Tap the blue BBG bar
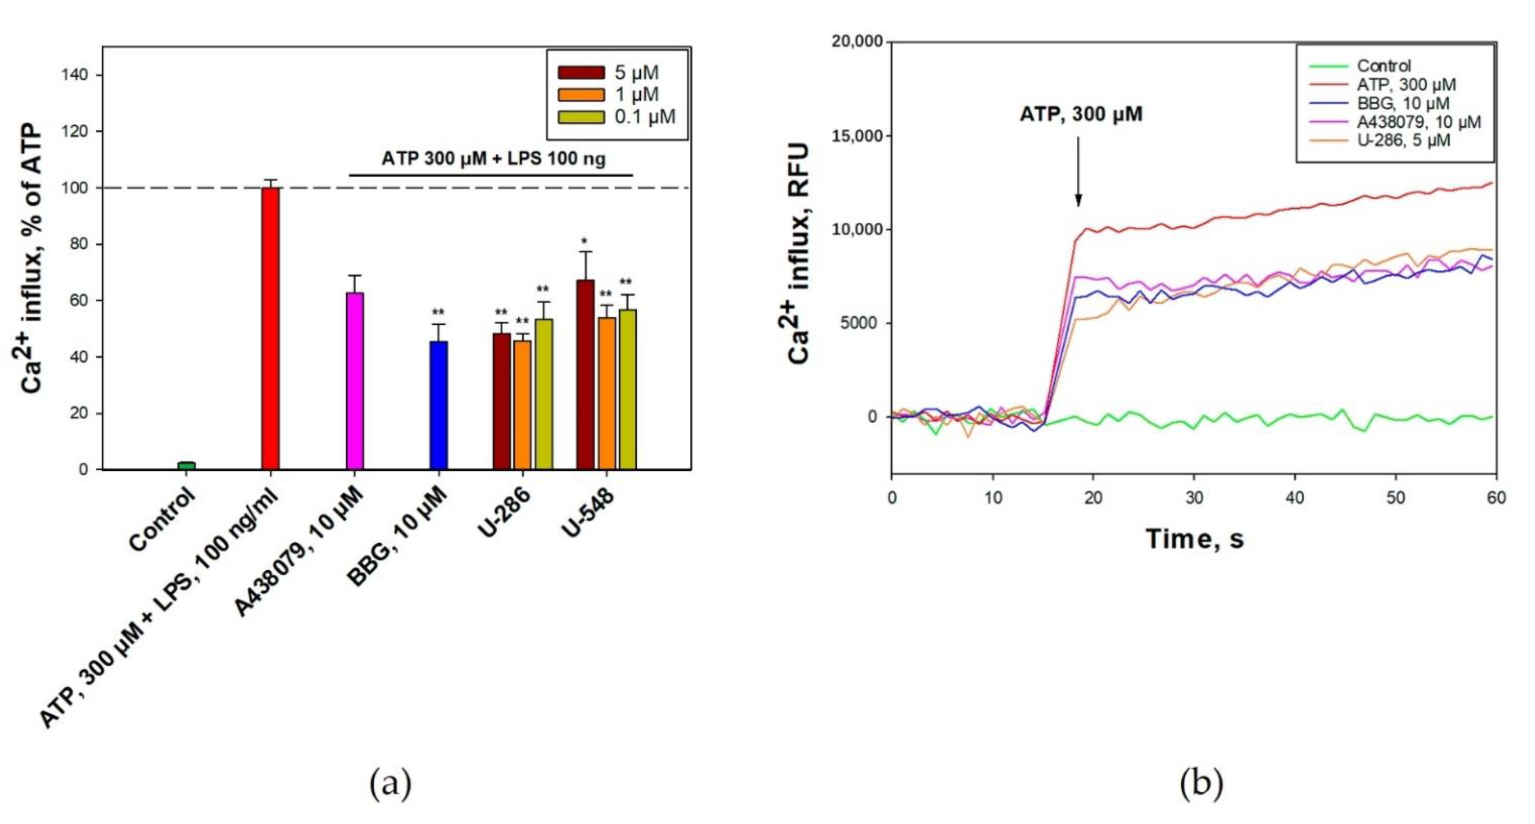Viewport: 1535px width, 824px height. pos(439,405)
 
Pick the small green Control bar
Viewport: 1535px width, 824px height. pos(186,465)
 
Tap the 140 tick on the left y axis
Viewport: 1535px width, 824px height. pos(75,75)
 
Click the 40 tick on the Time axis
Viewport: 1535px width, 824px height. pos(1295,498)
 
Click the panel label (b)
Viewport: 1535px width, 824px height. pos(1201,784)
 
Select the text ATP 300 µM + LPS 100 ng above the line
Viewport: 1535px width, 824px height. pos(493,159)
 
